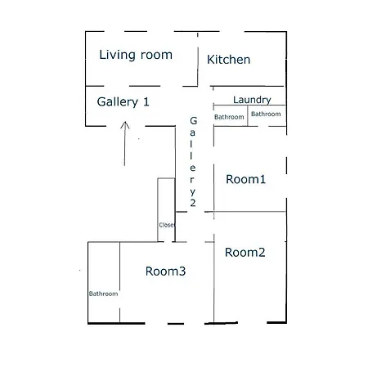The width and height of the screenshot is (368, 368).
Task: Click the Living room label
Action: pyautogui.click(x=136, y=55)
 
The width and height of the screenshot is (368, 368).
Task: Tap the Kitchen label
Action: pyautogui.click(x=228, y=60)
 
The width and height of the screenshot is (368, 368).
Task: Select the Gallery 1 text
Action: pyautogui.click(x=123, y=102)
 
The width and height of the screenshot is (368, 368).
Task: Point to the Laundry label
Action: pyautogui.click(x=252, y=100)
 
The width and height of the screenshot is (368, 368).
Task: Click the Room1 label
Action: pyautogui.click(x=245, y=179)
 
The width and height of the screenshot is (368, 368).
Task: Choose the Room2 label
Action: pyautogui.click(x=245, y=253)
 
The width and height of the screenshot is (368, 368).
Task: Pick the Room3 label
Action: pyautogui.click(x=165, y=272)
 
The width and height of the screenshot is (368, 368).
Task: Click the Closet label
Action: pyautogui.click(x=167, y=225)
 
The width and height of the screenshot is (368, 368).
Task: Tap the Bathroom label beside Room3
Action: pyautogui.click(x=103, y=294)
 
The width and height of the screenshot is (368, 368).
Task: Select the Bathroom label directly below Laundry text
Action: pyautogui.click(x=266, y=114)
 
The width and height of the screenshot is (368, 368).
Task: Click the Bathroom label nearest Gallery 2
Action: pyautogui.click(x=229, y=117)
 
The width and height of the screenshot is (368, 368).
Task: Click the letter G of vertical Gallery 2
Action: pyautogui.click(x=193, y=120)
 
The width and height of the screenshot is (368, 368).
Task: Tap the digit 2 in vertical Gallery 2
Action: pyautogui.click(x=193, y=203)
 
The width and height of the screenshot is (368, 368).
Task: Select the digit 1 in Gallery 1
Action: pyautogui.click(x=146, y=102)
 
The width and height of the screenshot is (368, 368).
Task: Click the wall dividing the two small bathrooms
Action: pyautogui.click(x=248, y=115)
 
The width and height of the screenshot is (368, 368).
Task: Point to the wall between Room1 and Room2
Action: pyautogui.click(x=249, y=212)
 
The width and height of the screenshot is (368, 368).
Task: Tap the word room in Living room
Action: pyautogui.click(x=156, y=56)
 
